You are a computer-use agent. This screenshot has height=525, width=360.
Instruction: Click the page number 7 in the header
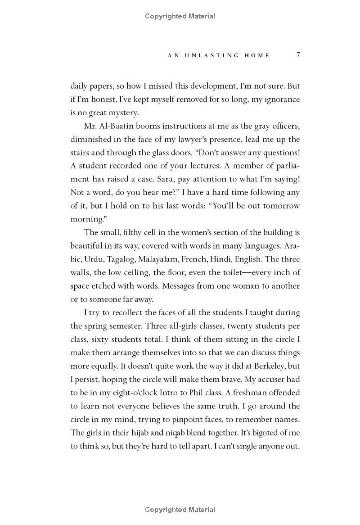point(298,55)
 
